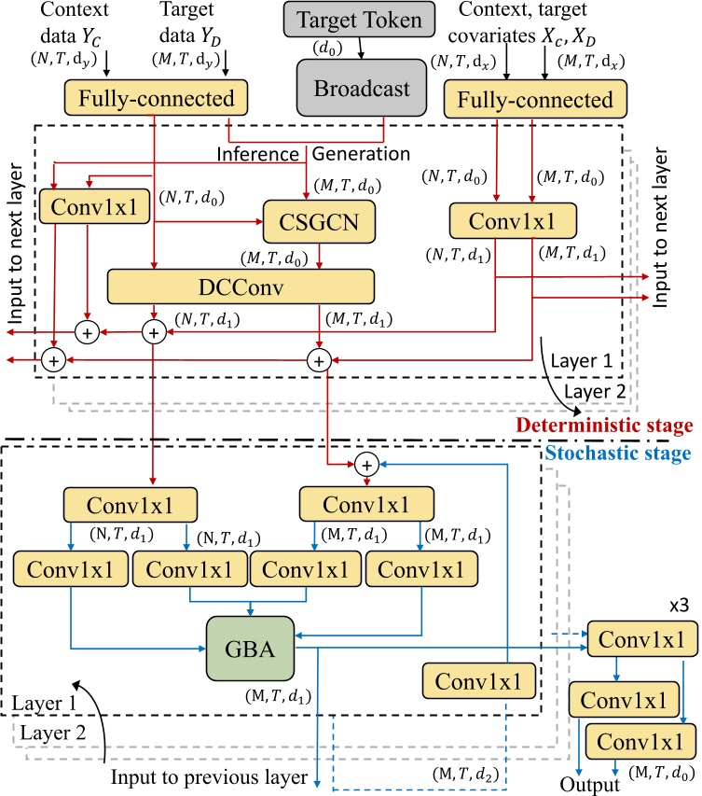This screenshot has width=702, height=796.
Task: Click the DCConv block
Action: click(241, 286)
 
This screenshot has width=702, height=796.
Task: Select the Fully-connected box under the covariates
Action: click(541, 99)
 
